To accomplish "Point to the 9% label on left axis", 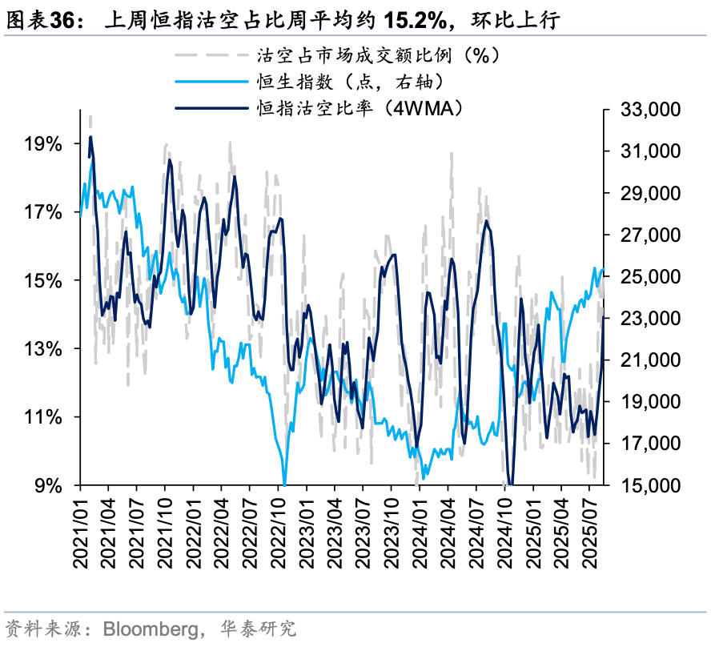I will click(x=48, y=485).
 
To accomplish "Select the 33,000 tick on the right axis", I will click(x=651, y=110).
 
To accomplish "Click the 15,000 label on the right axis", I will click(x=651, y=485).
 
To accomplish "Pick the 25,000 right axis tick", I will click(x=651, y=276).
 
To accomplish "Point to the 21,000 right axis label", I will click(x=651, y=360).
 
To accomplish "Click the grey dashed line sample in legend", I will click(x=211, y=55).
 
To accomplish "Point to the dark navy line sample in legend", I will click(x=211, y=106).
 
